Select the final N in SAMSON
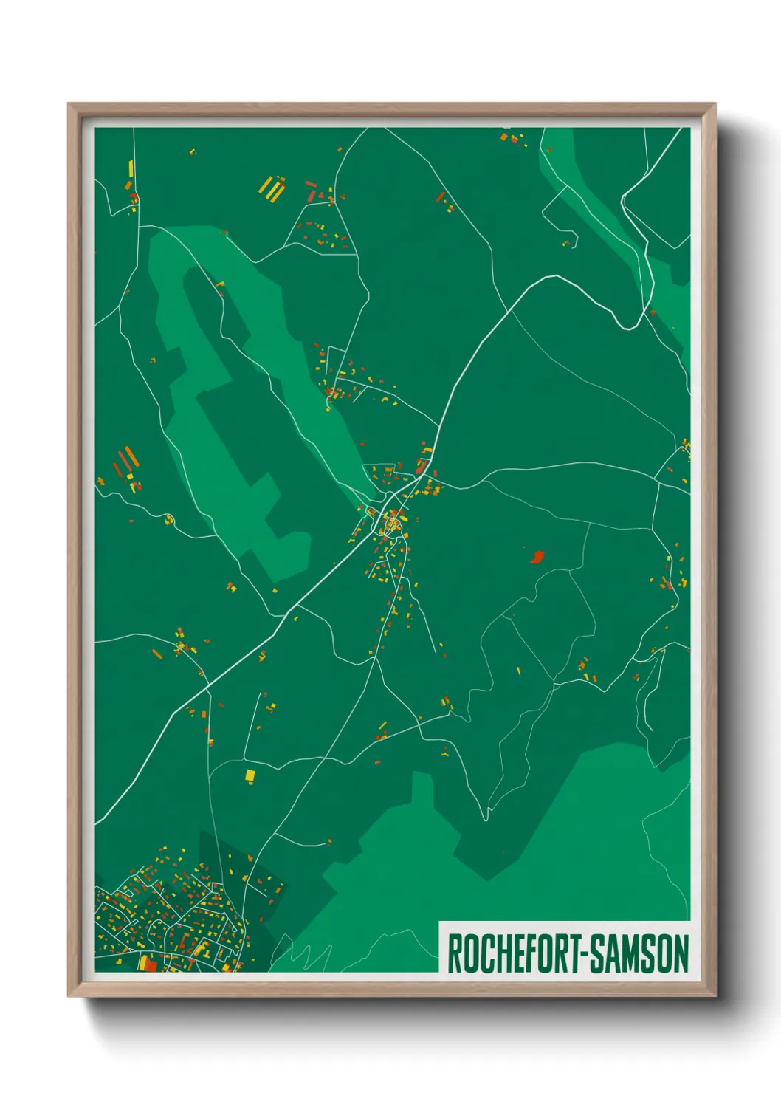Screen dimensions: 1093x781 (681, 954)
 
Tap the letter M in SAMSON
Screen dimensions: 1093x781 (630, 954)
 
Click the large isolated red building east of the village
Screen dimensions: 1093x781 (537, 557)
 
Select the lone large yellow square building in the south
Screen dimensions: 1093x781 (250, 775)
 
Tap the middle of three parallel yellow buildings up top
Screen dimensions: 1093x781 (272, 188)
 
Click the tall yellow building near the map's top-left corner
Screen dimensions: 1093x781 (131, 168)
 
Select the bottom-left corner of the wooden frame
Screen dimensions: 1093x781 (69, 996)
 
